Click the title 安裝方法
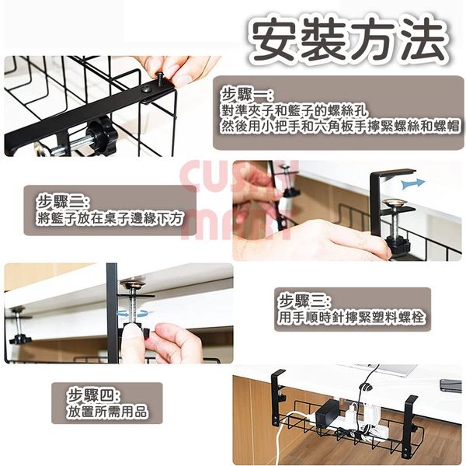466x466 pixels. click(x=348, y=39)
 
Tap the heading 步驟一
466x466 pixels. click(x=246, y=95)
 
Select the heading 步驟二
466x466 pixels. click(x=62, y=202)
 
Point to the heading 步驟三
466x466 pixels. click(x=304, y=302)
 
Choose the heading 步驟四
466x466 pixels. click(x=94, y=395)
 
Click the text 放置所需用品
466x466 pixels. click(x=107, y=412)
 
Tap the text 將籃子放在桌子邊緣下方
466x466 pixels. click(x=109, y=218)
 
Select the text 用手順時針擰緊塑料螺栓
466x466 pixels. click(x=351, y=317)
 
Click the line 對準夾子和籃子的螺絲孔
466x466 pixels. click(x=294, y=111)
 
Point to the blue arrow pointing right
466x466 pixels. click(x=413, y=183)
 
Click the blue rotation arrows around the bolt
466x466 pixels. click(x=133, y=314)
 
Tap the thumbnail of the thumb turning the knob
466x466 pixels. click(x=119, y=313)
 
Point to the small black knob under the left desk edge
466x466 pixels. click(x=19, y=338)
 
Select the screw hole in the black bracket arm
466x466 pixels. click(x=147, y=89)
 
